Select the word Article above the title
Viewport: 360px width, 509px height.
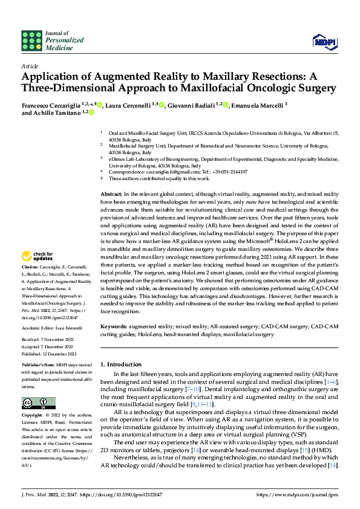click(x=30, y=66)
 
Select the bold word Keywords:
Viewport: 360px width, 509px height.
click(x=114, y=326)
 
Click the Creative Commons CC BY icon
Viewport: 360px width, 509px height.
click(x=39, y=403)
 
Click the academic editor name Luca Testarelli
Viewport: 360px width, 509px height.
click(x=76, y=328)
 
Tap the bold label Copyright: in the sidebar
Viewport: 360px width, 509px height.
click(x=33, y=416)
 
